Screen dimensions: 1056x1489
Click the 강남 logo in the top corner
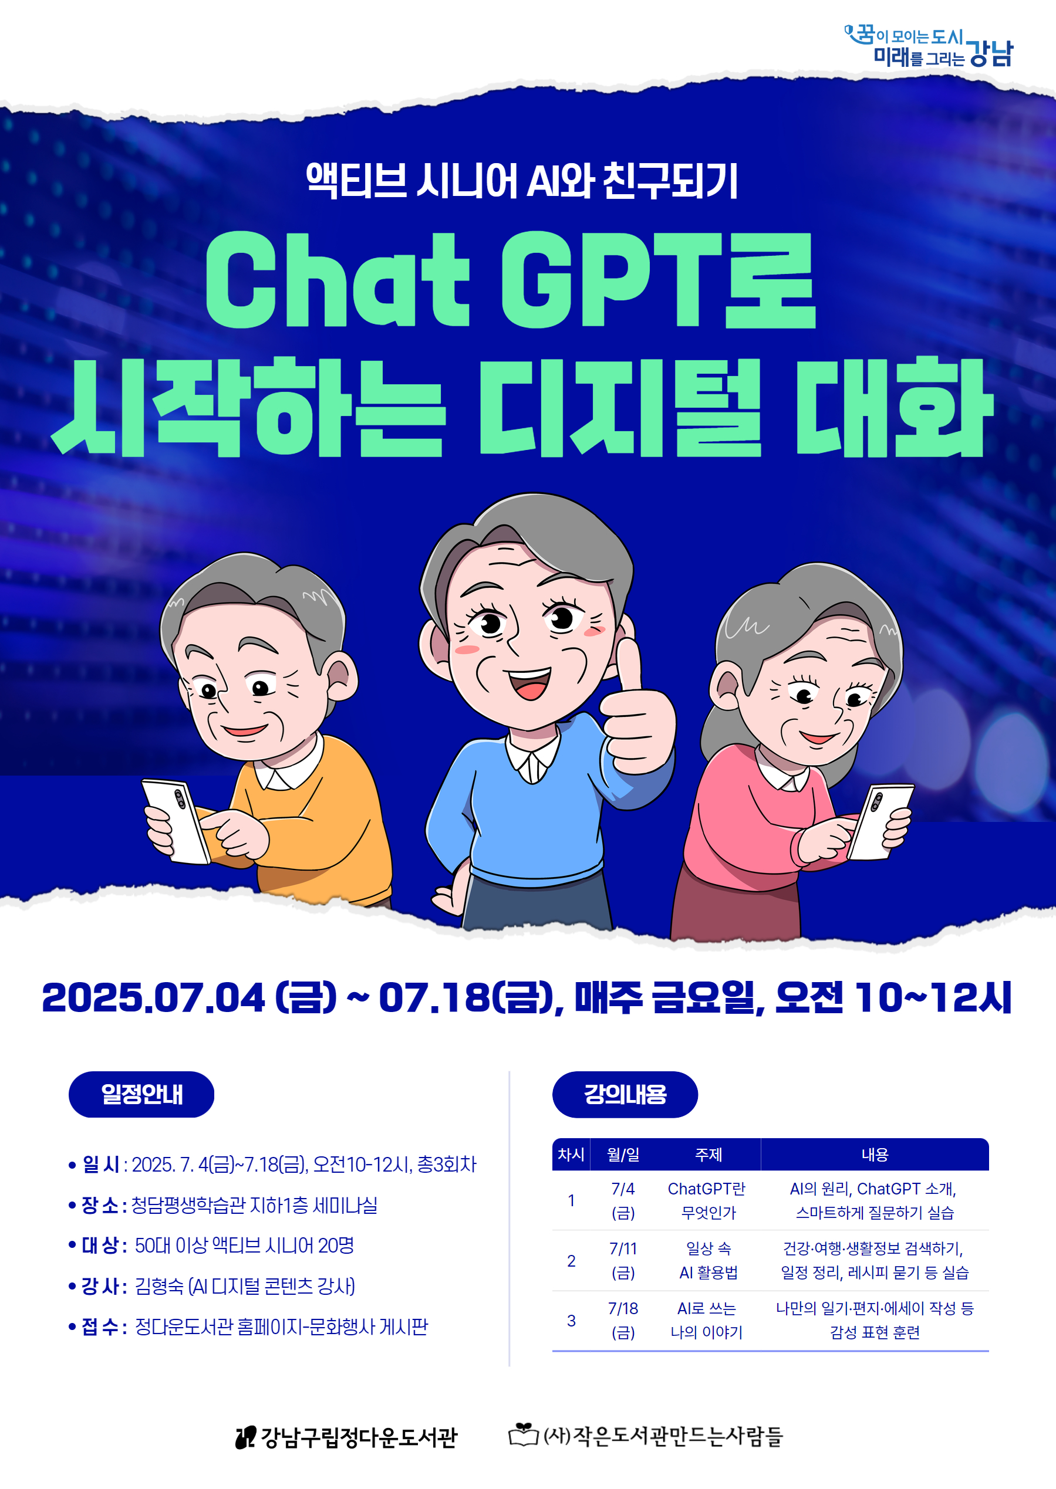pos(929,46)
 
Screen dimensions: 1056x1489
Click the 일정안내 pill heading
pos(141,1095)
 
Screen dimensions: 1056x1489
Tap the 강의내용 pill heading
pos(625,1095)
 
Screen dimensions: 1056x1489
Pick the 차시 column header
pos(571,1154)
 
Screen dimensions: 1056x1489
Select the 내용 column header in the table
pos(875,1154)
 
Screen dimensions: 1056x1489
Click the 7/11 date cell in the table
pos(623,1260)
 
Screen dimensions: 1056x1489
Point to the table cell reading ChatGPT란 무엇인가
pos(707,1200)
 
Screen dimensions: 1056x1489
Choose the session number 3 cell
pos(571,1320)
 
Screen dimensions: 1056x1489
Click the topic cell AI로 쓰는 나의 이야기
pos(707,1320)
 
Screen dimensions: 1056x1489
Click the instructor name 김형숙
pos(158,1285)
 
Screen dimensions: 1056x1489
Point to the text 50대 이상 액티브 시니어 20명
pos(245,1246)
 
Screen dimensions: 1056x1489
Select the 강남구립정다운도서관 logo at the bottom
pos(346,1437)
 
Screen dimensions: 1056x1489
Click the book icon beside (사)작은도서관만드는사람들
pos(523,1434)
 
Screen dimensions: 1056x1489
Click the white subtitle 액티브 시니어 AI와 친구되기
pos(522,181)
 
